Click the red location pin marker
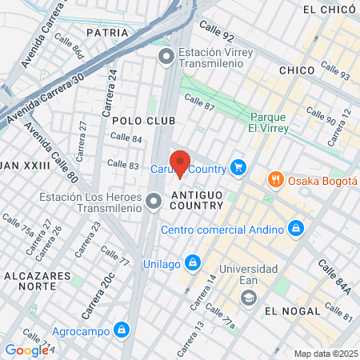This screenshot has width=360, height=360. pyautogui.click(x=182, y=163)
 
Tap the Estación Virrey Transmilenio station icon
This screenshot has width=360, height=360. pyautogui.click(x=166, y=56)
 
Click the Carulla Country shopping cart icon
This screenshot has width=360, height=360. pyautogui.click(x=238, y=167)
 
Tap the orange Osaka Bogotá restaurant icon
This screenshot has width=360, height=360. pyautogui.click(x=275, y=179)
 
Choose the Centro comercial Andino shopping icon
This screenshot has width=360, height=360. pyautogui.click(x=296, y=229)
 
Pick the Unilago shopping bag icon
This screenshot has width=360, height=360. pyautogui.click(x=192, y=262)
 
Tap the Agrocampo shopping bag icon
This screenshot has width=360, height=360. pyautogui.click(x=121, y=329)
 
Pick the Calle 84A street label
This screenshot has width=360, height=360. pyautogui.click(x=334, y=278)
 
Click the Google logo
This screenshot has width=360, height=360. pyautogui.click(x=26, y=350)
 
